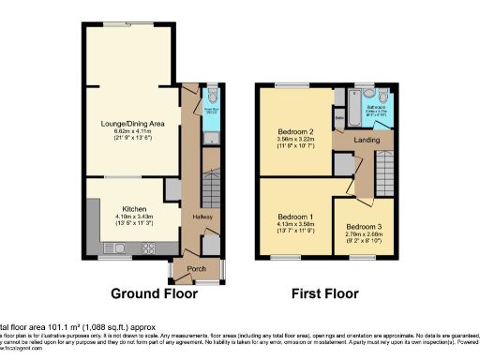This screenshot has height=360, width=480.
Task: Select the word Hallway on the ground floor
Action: tap(203, 217)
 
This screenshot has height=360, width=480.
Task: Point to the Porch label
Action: tap(197, 270)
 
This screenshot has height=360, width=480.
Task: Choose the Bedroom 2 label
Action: tap(295, 131)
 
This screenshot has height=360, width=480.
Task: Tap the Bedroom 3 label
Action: tap(362, 228)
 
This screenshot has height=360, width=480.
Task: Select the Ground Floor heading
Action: tap(155, 293)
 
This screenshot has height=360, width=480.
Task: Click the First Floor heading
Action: tap(324, 293)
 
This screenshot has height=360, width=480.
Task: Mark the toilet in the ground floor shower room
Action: tap(211, 97)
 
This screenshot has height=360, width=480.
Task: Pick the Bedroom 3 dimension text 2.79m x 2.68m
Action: tap(362, 235)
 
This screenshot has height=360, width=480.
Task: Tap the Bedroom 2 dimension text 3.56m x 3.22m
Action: tap(295, 139)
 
